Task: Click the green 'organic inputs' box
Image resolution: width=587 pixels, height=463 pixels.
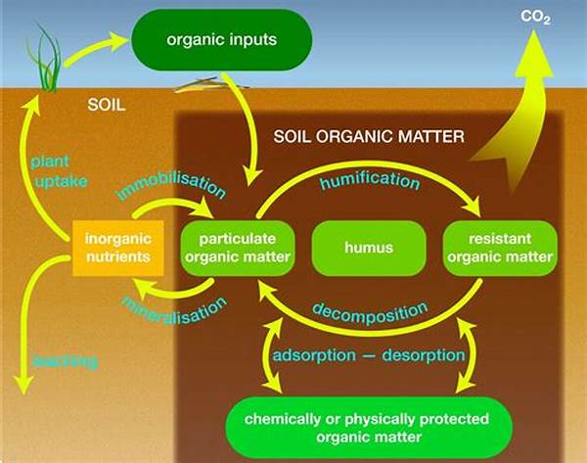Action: point(222,41)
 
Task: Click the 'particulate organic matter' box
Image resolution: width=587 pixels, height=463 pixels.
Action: point(238,248)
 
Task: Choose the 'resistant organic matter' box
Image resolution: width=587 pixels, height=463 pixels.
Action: point(499,248)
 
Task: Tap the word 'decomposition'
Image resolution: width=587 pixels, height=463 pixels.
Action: point(369,312)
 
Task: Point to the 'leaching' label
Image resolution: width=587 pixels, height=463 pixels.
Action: point(65,361)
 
